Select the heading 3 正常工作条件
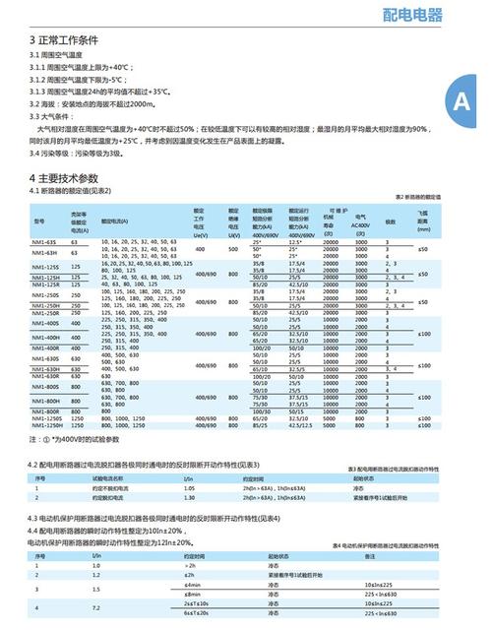pyautogui.click(x=64, y=41)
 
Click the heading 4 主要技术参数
pyautogui.click(x=64, y=177)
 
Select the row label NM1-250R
pyautogui.click(x=46, y=314)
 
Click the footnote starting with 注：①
pyautogui.click(x=74, y=438)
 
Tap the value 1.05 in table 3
pyautogui.click(x=190, y=488)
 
